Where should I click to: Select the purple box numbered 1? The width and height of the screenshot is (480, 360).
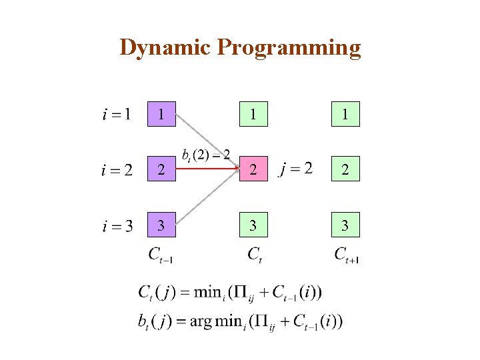pos(161,114)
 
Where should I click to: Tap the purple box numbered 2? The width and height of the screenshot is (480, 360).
pos(161,169)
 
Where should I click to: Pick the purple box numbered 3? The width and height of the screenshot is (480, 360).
pos(161,225)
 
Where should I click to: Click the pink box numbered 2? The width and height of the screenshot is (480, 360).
pos(253,169)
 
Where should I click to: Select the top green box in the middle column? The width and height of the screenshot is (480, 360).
pos(253,114)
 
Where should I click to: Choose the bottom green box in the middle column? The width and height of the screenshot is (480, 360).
pos(253,225)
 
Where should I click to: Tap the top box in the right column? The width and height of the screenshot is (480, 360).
pos(345,114)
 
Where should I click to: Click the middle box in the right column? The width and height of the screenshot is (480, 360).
pos(345,169)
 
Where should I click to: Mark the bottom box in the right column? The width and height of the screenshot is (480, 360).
pos(345,225)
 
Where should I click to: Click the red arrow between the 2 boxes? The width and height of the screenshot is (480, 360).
pos(207,169)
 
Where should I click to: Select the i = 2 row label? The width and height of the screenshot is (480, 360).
pos(117,170)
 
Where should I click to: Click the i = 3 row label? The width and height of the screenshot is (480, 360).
pos(117,226)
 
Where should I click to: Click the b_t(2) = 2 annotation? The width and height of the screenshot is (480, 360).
pos(206,155)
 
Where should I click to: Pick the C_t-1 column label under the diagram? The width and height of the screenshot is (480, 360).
pos(161,254)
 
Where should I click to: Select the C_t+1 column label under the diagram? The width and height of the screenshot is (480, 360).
pos(346,254)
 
